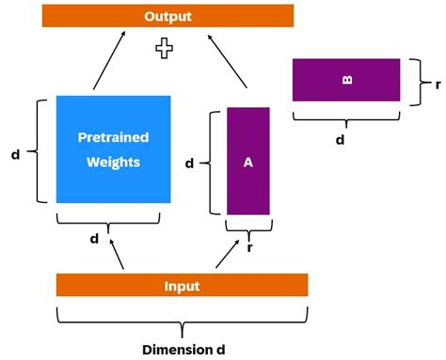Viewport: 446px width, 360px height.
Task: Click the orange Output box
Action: pyautogui.click(x=167, y=16)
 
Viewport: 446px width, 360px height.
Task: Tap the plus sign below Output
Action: pyautogui.click(x=165, y=49)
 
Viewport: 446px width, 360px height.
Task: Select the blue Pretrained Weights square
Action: pyautogui.click(x=113, y=149)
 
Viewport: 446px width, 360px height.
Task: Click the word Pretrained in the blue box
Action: pyautogui.click(x=113, y=138)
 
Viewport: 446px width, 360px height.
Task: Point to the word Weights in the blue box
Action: pyautogui.click(x=113, y=162)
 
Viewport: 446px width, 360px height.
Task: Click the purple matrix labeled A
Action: pyautogui.click(x=248, y=161)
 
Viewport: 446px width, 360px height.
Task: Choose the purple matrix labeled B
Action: pyautogui.click(x=346, y=80)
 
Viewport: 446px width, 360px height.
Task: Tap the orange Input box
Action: pyautogui.click(x=182, y=285)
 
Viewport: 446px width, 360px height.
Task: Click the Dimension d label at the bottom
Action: pyautogui.click(x=183, y=349)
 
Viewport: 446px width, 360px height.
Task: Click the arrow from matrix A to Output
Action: pyautogui.click(x=229, y=61)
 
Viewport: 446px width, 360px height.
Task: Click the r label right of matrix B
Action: pyautogui.click(x=438, y=82)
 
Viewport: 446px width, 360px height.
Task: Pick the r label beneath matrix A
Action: pyautogui.click(x=249, y=248)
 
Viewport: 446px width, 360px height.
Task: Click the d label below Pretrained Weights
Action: pyautogui.click(x=94, y=239)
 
